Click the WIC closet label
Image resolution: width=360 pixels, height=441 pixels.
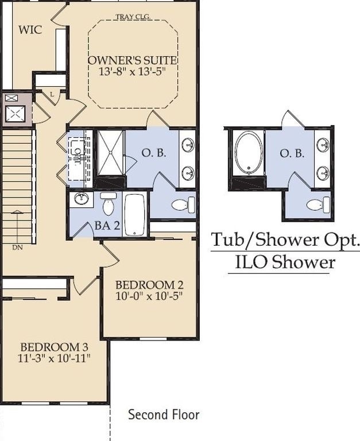click(30, 29)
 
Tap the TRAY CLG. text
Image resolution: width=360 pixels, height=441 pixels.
click(133, 17)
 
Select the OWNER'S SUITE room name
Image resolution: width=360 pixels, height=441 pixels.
click(133, 60)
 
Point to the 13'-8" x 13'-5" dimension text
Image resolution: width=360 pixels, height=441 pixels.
click(131, 71)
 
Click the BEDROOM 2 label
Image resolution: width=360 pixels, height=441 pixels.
click(149, 285)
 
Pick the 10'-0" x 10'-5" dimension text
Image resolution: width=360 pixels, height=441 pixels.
click(149, 296)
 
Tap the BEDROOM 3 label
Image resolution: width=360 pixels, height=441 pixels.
click(55, 347)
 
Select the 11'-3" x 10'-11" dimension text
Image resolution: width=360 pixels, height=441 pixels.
click(55, 358)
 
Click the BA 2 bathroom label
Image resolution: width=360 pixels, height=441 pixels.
click(107, 225)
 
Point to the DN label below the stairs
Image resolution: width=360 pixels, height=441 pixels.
click(17, 248)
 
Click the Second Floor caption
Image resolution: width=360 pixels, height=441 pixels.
click(164, 414)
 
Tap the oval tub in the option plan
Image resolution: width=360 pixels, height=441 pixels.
click(249, 153)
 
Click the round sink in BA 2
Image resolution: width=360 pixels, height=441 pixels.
click(82, 198)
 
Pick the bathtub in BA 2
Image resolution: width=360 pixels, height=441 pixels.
click(135, 214)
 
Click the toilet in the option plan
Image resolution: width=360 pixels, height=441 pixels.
click(318, 204)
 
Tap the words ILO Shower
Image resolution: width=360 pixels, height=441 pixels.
click(285, 262)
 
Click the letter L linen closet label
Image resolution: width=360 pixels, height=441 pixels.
click(52, 95)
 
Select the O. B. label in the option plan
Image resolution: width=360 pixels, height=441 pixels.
click(292, 153)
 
